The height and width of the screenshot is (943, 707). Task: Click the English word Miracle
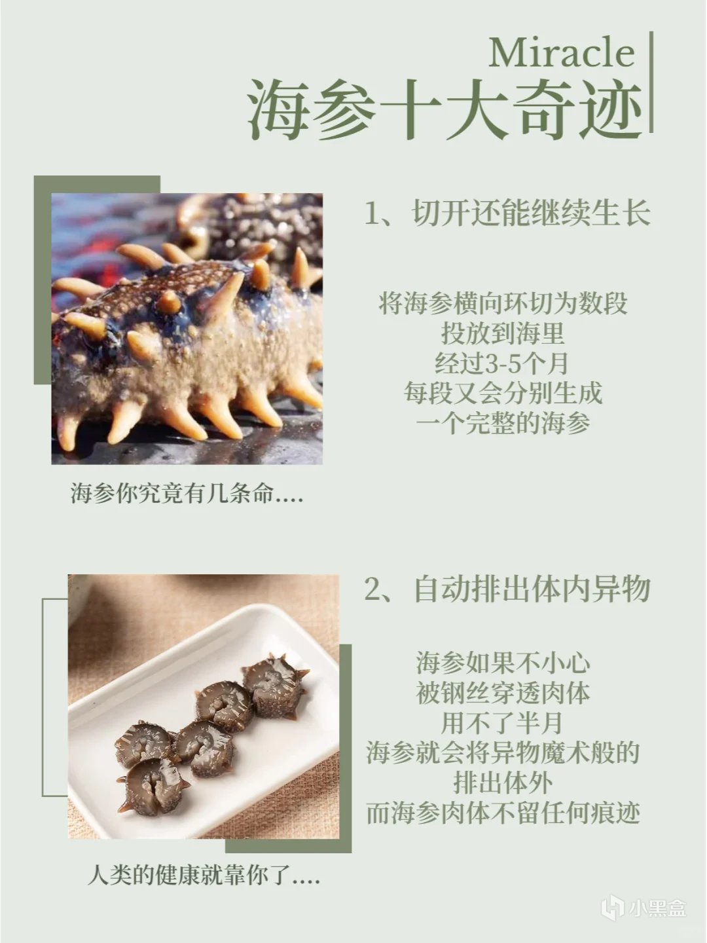(562, 53)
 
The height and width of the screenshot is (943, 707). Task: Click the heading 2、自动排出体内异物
(507, 589)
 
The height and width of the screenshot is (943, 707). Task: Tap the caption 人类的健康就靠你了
(204, 876)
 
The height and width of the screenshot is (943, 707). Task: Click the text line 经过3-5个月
(502, 363)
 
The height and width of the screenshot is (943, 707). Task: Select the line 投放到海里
(502, 333)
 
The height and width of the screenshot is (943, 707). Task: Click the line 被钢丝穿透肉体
(502, 692)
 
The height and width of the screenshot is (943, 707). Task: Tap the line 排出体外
(502, 783)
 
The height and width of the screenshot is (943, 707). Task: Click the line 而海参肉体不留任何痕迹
(502, 813)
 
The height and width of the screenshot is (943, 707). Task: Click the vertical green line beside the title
(650, 79)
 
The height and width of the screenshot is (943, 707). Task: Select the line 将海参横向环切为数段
(502, 303)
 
